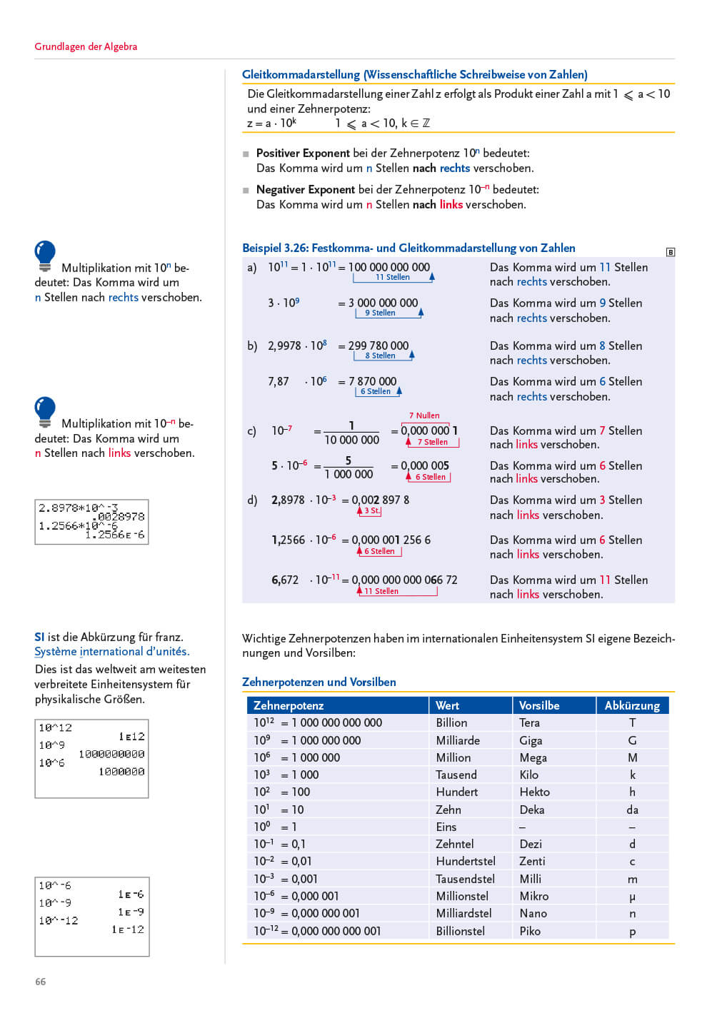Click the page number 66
pos(41,982)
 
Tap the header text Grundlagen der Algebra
pos(86,46)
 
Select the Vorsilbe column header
pos(539,705)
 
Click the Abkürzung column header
pos(632,705)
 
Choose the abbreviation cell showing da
pos(632,810)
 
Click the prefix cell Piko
pos(530,931)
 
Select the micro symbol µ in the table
pos(632,897)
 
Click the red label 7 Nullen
pos(424,415)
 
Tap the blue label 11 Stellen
pos(393,277)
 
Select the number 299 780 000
pos(378,346)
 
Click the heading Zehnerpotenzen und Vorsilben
pos(319,682)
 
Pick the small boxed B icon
pos(670,252)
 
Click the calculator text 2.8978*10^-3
pos(78,508)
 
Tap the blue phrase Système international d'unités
pos(111,651)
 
